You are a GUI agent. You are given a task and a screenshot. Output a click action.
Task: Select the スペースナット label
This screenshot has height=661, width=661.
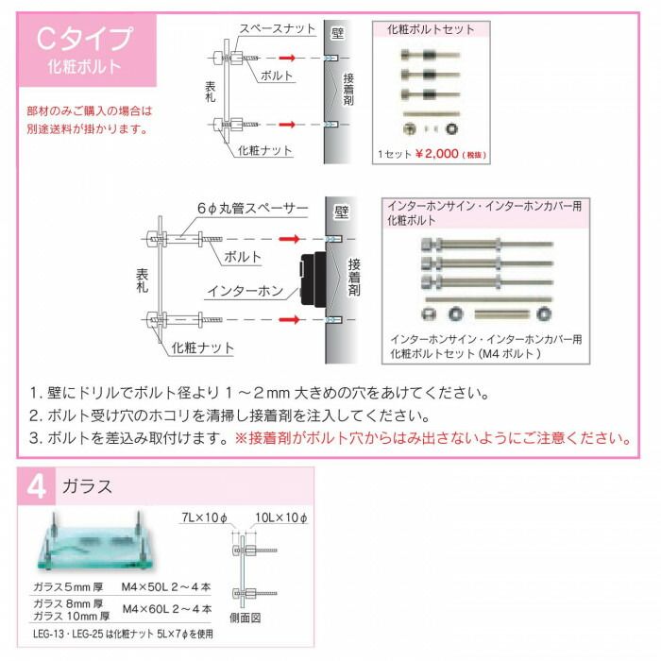277,29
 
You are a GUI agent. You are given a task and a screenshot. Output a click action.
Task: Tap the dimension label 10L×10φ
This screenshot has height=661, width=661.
283,517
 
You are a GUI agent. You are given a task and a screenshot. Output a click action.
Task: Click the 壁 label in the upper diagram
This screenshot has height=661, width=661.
336,32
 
